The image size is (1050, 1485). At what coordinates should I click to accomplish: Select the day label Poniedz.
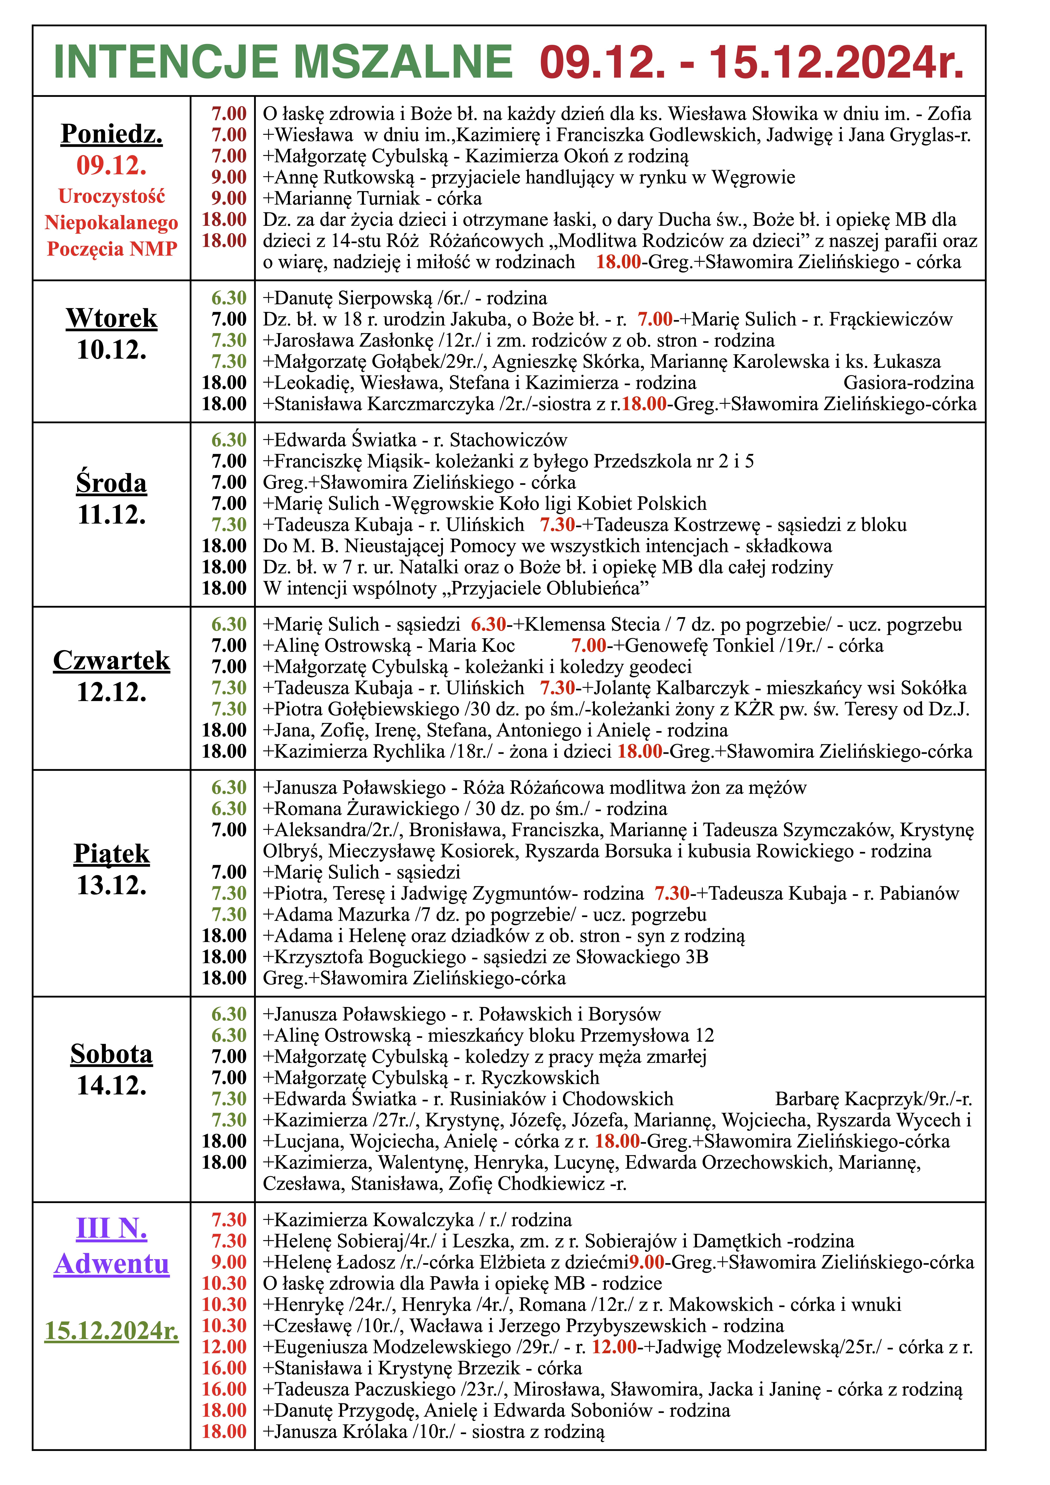click(x=112, y=134)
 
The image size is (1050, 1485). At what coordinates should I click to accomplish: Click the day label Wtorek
click(x=112, y=318)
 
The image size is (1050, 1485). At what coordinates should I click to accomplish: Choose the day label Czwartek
click(x=112, y=660)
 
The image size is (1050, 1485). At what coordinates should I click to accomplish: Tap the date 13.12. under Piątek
click(x=112, y=885)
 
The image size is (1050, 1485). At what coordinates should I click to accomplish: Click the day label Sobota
click(x=112, y=1054)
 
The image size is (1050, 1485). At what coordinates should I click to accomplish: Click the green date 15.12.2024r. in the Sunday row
click(x=112, y=1330)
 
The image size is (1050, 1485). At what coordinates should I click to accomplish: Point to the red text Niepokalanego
click(x=112, y=222)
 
